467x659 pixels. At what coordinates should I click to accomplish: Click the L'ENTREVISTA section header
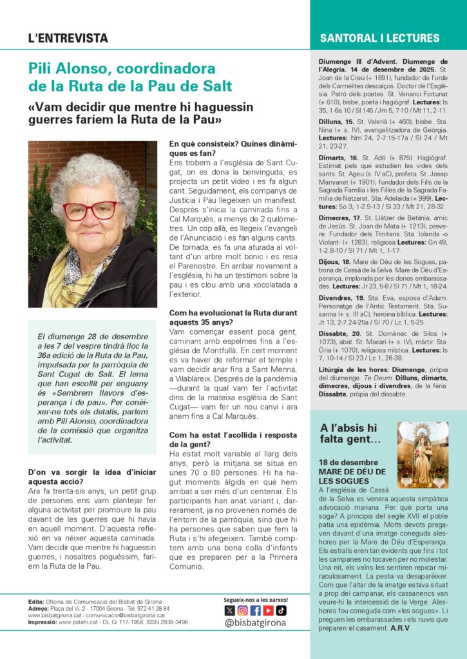(x=68, y=38)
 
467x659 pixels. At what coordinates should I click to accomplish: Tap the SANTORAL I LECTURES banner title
(x=379, y=38)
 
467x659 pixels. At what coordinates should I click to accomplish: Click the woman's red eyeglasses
(x=90, y=210)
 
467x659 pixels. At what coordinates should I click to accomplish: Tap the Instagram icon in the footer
(x=242, y=610)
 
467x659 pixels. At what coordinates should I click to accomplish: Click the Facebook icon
(x=255, y=610)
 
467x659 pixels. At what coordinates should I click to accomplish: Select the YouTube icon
(x=268, y=610)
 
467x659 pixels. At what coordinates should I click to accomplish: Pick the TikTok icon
(x=281, y=610)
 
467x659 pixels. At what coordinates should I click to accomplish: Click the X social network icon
(x=229, y=610)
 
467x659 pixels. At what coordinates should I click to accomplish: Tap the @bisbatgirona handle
(x=255, y=623)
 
